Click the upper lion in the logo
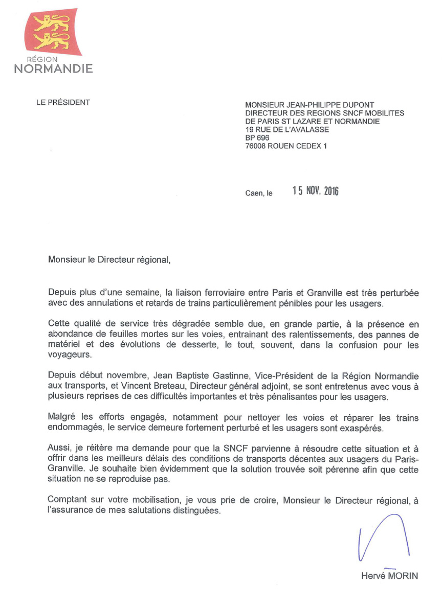51,22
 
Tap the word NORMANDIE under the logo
53,68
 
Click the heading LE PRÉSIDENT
63,102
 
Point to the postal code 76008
257,146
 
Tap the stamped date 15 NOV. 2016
315,191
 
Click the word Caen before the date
254,194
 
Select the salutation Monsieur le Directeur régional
108,260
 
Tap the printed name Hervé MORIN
389,576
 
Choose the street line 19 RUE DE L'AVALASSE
287,129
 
